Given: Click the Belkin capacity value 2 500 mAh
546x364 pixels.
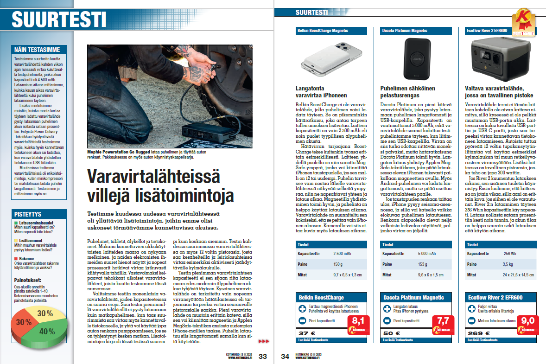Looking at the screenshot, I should coord(343,254).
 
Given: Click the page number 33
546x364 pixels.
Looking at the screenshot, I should coord(263,356).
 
